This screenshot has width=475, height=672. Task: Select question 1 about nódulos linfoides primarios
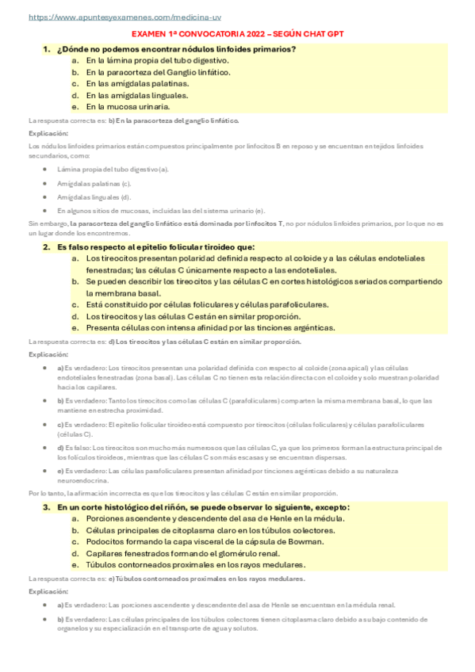pos(176,49)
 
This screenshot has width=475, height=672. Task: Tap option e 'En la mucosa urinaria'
pos(128,106)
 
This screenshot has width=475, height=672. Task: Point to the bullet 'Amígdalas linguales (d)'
pos(94,197)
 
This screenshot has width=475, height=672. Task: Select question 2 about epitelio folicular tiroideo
pos(155,246)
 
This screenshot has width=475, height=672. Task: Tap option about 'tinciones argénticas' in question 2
pos(210,327)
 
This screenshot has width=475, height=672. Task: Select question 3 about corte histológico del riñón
pos(203,506)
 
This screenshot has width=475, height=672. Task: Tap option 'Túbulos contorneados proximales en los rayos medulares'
pos(195,564)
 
